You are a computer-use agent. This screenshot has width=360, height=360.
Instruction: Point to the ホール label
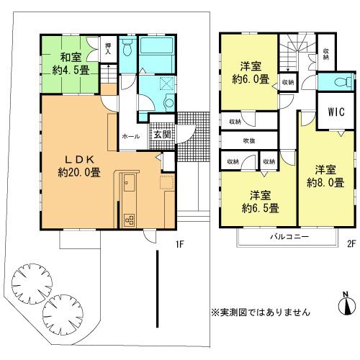[130, 135]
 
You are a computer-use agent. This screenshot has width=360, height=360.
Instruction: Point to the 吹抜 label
[250, 140]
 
